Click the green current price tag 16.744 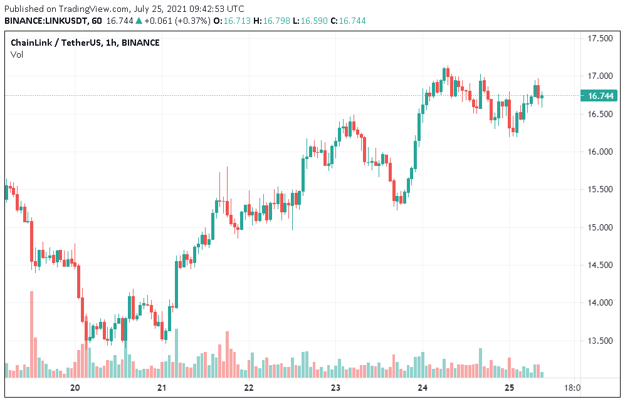coord(600,96)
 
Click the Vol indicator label coord(16,54)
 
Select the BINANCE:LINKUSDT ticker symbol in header coord(45,21)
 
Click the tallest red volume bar coord(31,334)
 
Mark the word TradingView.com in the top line coord(90,9)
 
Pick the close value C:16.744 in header coord(349,21)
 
